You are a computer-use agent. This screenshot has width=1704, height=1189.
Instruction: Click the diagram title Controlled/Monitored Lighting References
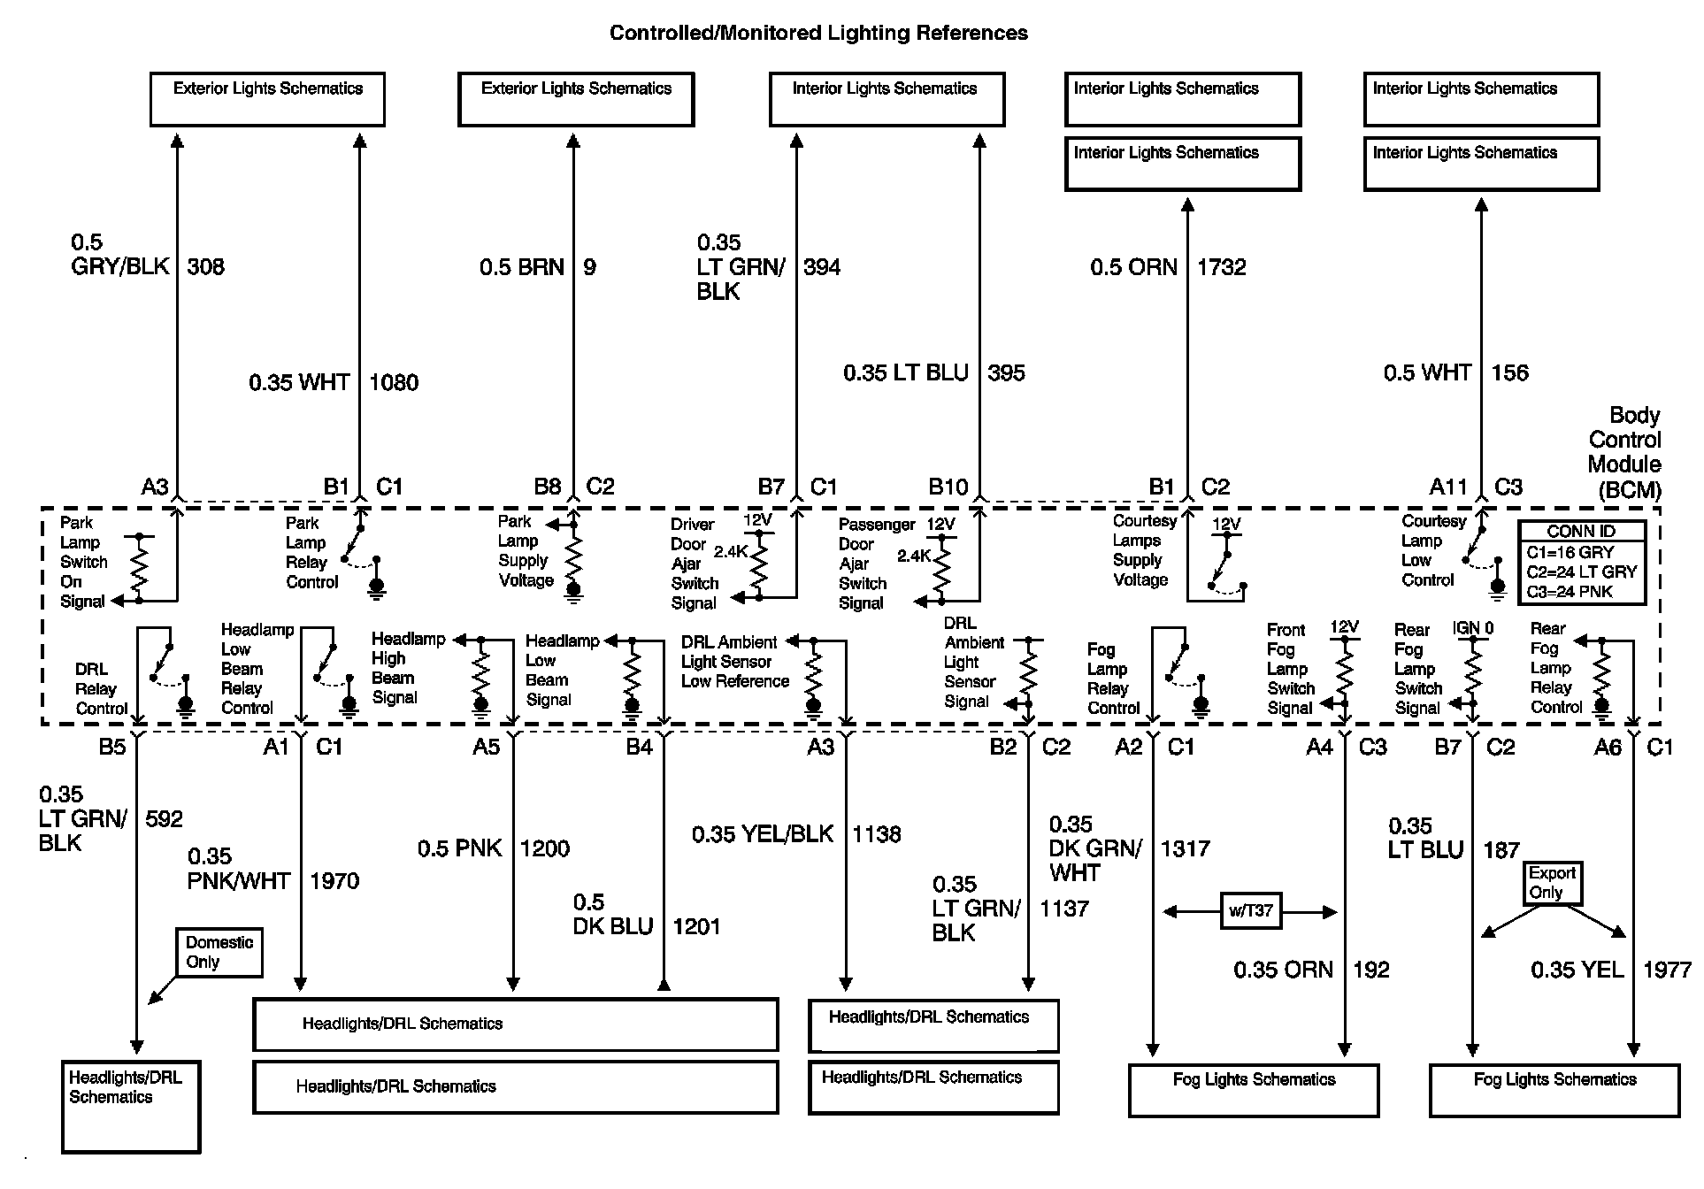tap(818, 34)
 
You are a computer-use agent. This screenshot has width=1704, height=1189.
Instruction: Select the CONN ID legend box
tap(1581, 563)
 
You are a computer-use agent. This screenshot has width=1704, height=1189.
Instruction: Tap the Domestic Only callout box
tap(219, 952)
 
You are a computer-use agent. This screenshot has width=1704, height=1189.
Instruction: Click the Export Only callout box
tap(1552, 883)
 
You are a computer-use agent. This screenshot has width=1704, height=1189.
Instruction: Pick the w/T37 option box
tap(1250, 911)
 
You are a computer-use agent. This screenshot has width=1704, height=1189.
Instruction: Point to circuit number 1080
tap(394, 382)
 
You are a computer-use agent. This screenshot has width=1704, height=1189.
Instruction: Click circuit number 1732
tap(1221, 267)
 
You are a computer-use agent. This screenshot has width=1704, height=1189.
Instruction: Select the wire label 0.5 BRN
tap(521, 267)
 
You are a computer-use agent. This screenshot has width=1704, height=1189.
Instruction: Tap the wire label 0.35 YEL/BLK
tap(763, 834)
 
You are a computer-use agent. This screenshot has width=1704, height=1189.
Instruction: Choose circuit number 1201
tap(696, 926)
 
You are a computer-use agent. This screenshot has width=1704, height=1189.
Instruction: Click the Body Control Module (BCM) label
tap(1624, 452)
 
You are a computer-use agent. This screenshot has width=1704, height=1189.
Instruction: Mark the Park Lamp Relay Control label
tap(311, 553)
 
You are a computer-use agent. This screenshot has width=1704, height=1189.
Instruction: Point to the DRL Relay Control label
tap(101, 689)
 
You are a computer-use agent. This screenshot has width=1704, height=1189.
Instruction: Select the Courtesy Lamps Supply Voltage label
tap(1143, 550)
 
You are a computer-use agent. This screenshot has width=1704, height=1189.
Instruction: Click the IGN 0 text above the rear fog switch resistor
tap(1472, 628)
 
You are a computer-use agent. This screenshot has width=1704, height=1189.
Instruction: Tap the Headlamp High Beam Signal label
tap(408, 668)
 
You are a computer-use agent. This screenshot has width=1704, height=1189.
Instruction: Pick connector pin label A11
tap(1447, 487)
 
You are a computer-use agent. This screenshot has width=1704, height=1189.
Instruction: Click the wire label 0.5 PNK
tap(459, 848)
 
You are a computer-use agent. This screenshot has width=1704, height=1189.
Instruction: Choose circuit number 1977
tap(1667, 970)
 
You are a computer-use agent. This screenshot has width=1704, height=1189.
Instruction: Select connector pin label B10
tap(948, 487)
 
